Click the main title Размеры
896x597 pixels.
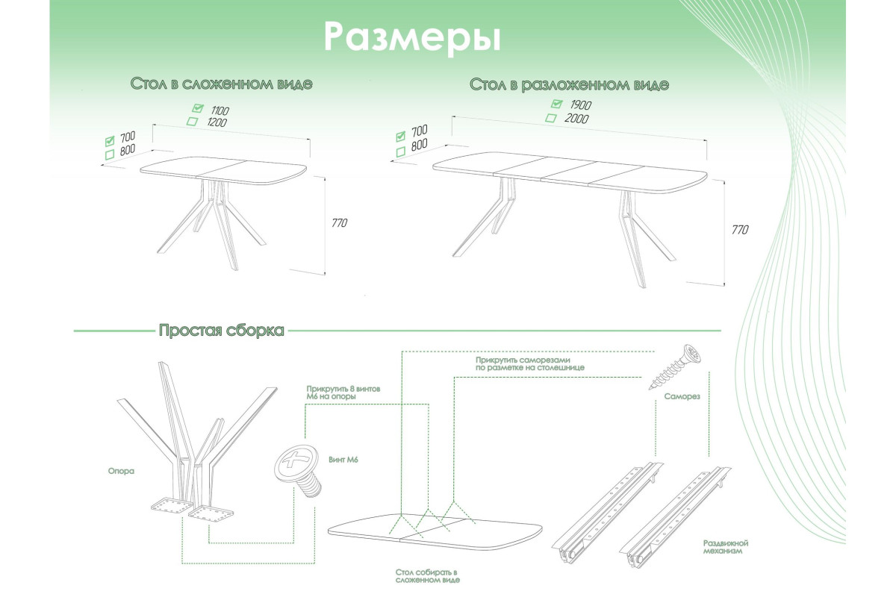point(411,37)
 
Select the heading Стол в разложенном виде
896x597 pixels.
point(569,84)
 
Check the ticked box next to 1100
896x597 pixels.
point(198,108)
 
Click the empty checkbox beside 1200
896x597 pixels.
point(192,122)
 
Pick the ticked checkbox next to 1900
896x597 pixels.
point(556,104)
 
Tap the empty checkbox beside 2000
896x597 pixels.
point(551,118)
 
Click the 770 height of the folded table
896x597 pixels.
point(340,223)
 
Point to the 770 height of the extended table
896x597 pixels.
point(739,230)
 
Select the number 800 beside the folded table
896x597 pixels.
point(126,149)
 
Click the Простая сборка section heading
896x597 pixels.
point(221,331)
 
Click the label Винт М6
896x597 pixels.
point(343,460)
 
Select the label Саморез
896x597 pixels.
point(681,398)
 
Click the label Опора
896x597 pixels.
point(120,472)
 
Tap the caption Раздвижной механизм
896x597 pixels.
point(726,548)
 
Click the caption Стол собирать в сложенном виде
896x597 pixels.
point(427,575)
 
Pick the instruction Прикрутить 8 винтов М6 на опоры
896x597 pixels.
point(337,393)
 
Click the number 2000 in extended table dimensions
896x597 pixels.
point(576,119)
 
